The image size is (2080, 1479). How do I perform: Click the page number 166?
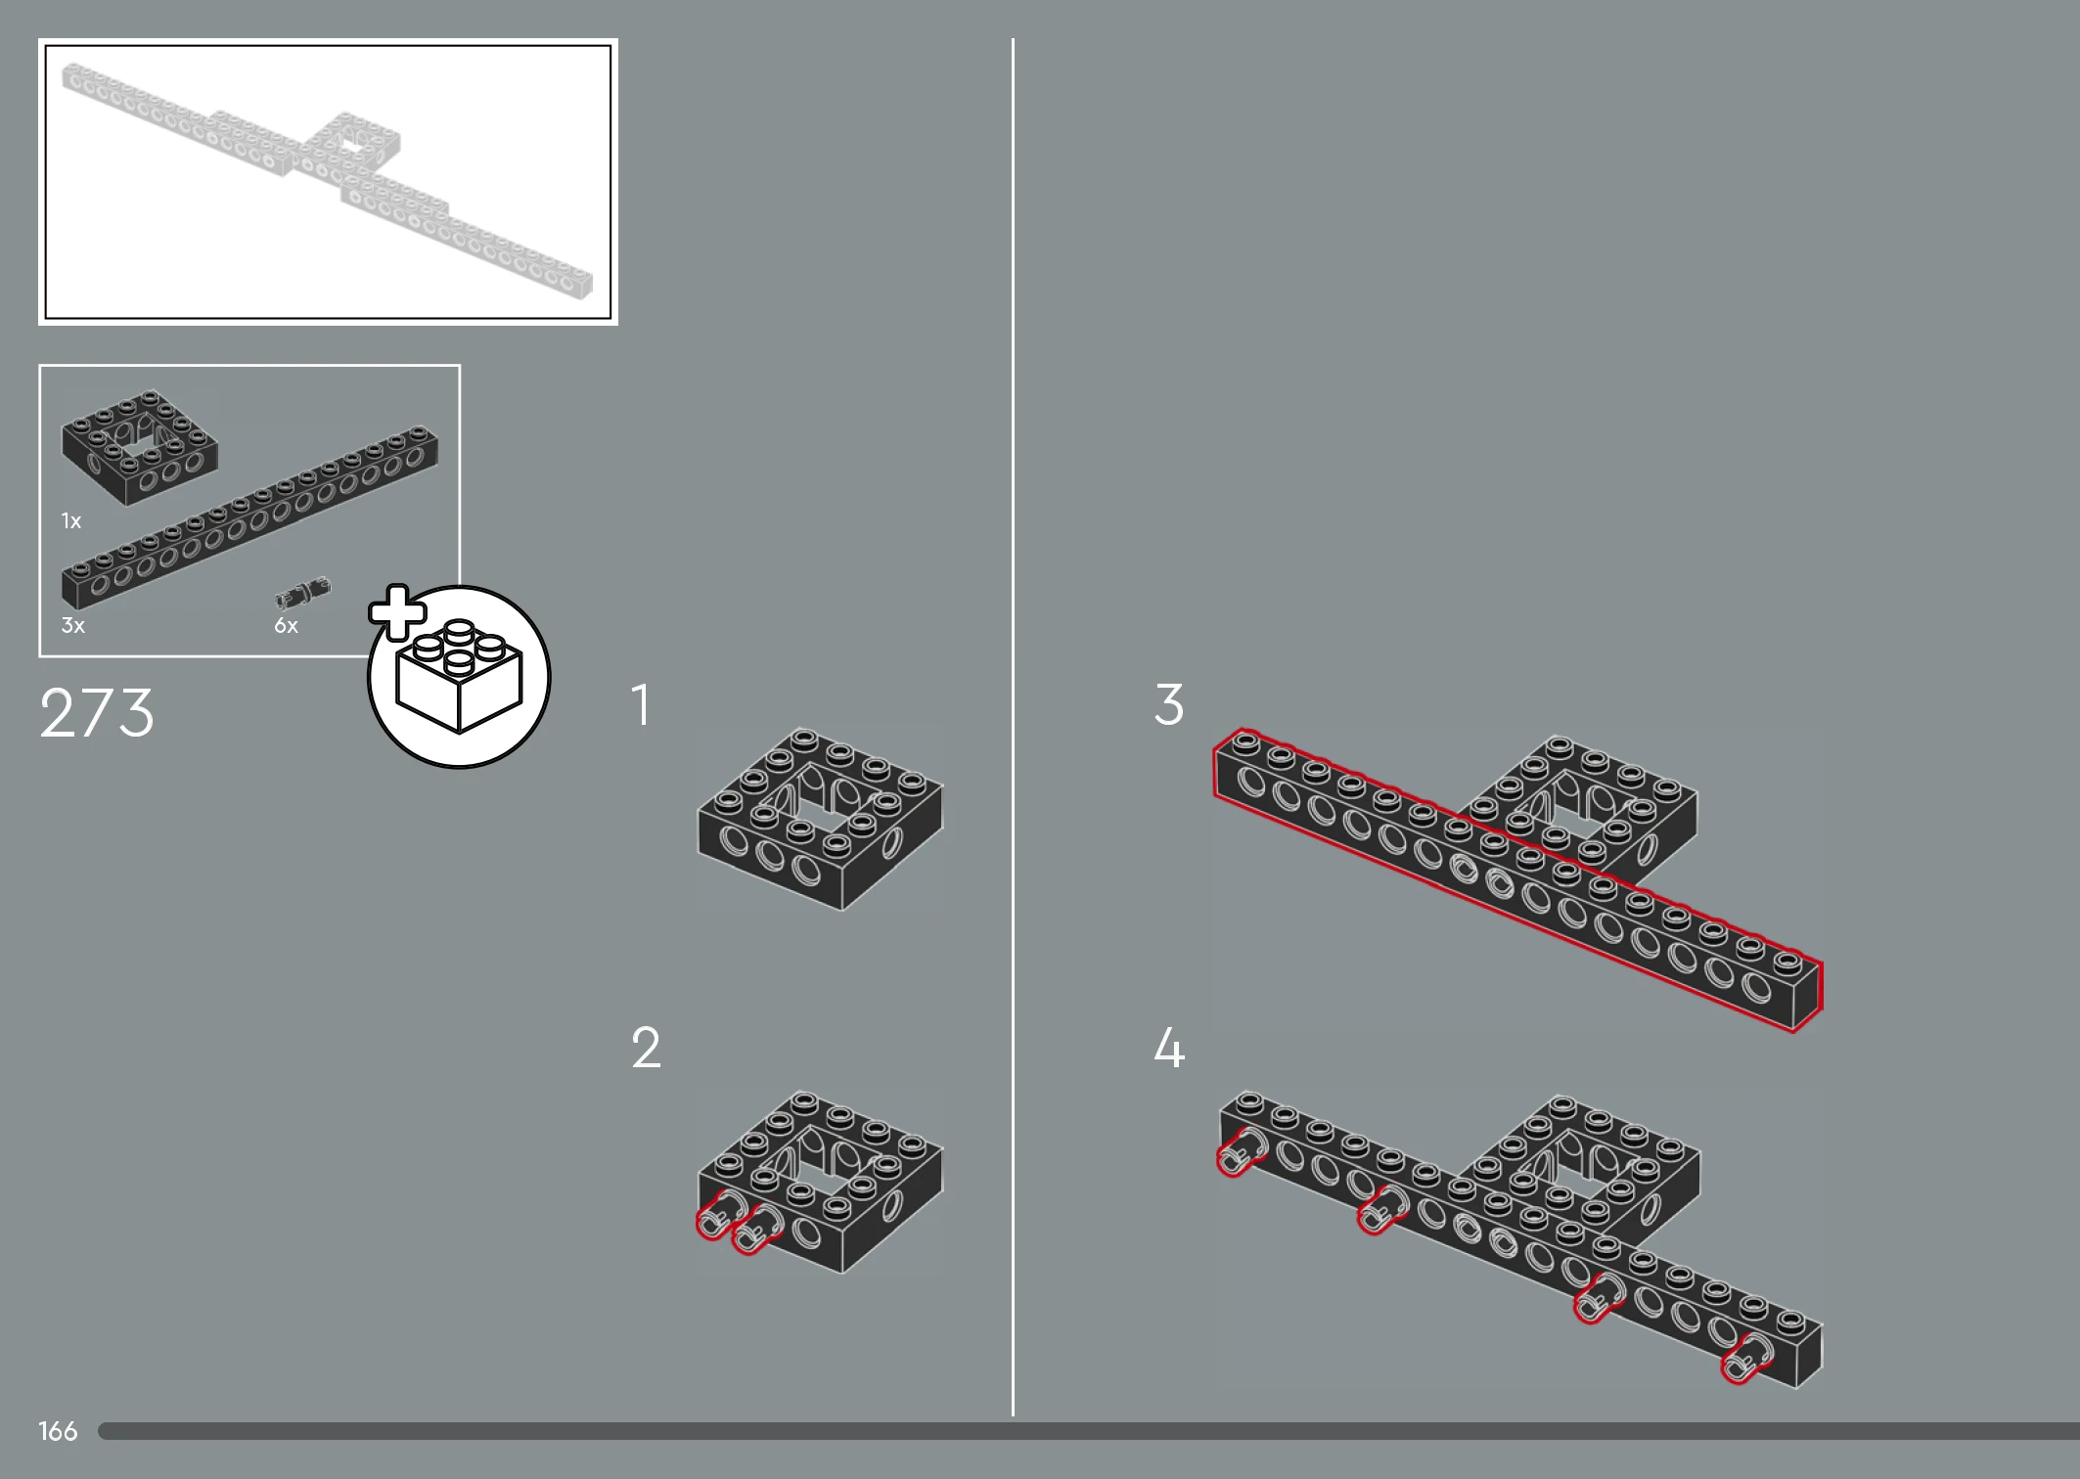(58, 1431)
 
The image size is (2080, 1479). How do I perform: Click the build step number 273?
(97, 712)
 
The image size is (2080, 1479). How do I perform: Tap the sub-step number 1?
(641, 704)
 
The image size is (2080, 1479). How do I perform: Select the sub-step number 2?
(646, 1048)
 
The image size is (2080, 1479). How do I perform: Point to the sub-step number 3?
(1169, 704)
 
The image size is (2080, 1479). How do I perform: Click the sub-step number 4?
(1170, 1048)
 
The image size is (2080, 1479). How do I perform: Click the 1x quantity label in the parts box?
(71, 520)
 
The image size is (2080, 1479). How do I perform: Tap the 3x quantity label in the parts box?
(73, 625)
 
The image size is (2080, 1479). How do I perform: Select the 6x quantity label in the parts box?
(286, 625)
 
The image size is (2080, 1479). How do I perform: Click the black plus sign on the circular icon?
(397, 612)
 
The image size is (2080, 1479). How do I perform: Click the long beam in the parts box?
(249, 517)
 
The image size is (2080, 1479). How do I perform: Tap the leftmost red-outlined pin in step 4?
(1240, 1151)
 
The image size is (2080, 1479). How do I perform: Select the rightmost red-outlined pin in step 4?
(1746, 1359)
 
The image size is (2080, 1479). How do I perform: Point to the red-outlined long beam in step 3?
(1517, 879)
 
